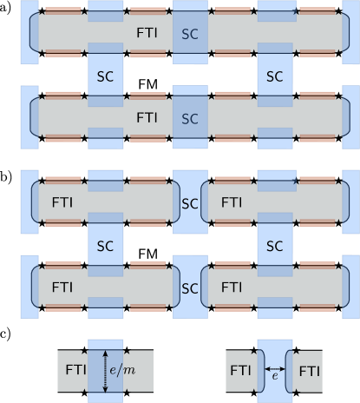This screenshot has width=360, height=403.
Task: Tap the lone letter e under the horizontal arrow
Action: (x=275, y=377)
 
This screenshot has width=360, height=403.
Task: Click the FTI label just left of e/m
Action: (x=75, y=369)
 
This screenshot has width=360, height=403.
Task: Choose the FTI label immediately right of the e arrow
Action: (x=309, y=370)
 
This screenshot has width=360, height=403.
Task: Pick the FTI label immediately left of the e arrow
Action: (x=240, y=370)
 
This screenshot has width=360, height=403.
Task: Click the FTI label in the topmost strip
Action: (x=147, y=31)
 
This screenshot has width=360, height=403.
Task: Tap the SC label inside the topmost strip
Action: (x=189, y=33)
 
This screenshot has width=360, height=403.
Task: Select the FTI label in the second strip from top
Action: (x=147, y=116)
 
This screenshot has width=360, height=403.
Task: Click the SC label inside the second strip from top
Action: (x=189, y=118)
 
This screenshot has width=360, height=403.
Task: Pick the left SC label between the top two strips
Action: (x=105, y=76)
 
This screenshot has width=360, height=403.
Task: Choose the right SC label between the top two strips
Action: (x=274, y=76)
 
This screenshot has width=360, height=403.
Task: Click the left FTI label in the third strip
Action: (x=62, y=202)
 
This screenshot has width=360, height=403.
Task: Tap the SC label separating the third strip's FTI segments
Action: (x=189, y=203)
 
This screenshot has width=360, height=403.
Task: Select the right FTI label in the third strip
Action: (x=232, y=202)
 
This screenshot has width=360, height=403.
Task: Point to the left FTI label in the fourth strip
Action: (x=62, y=286)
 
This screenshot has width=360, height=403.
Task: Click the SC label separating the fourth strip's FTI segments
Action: (x=189, y=287)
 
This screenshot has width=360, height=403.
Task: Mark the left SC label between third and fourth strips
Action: (x=105, y=246)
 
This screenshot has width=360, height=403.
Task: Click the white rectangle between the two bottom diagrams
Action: (x=189, y=372)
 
